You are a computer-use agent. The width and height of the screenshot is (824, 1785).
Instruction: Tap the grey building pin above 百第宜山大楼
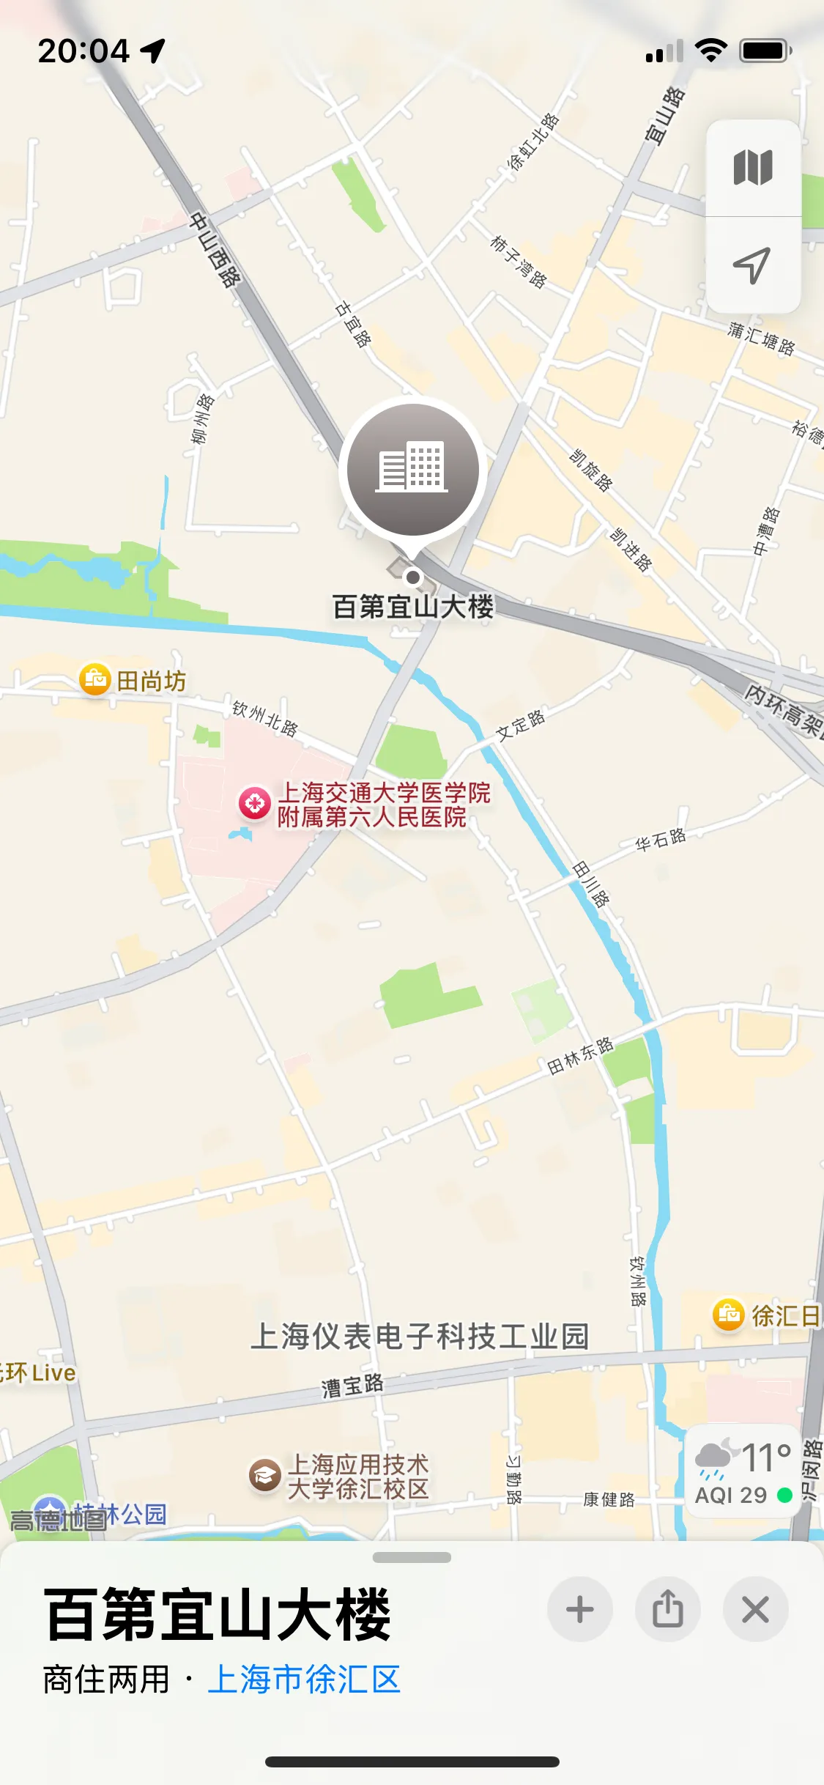pos(412,470)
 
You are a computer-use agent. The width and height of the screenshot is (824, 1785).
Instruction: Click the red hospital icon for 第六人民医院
pos(255,803)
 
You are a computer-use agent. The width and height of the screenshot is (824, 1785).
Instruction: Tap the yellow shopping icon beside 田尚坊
pos(94,680)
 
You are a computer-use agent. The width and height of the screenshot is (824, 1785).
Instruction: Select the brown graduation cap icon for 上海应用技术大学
pos(264,1475)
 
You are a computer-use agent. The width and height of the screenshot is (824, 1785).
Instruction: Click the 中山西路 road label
pos(215,249)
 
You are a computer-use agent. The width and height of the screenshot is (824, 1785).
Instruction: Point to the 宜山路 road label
pos(665,115)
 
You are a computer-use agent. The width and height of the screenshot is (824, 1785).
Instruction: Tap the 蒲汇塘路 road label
pos(761,339)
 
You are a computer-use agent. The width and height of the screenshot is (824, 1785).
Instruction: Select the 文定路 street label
pos(521,725)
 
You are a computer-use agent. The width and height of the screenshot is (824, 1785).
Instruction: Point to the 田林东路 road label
pos(580,1055)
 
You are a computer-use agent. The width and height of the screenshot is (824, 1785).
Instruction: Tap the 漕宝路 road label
pos(352,1385)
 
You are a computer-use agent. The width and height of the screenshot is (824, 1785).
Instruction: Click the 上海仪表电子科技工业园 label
pos(420,1336)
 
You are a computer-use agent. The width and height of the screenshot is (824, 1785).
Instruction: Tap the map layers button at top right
pos(753,168)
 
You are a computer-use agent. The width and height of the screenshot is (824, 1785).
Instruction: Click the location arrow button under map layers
pos(753,265)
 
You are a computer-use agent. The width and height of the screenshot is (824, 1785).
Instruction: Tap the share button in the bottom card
pos(667,1610)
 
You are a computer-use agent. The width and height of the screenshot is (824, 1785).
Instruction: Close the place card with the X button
pos(755,1610)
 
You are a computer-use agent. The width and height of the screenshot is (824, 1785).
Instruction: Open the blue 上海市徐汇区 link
pos(304,1679)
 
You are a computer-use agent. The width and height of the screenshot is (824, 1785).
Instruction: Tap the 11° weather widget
pos(743,1471)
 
